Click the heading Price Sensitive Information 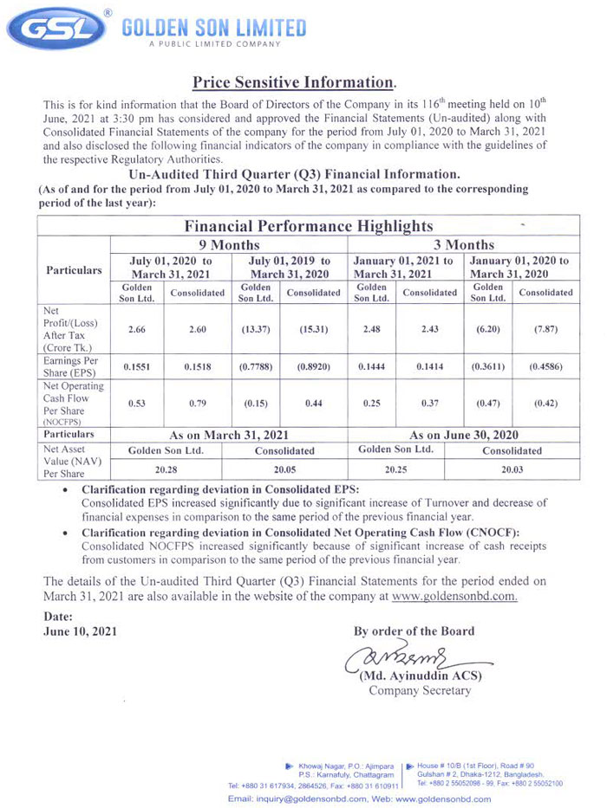click(294, 83)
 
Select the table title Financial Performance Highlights click(308, 226)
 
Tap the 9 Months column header click(229, 244)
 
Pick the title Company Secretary click(420, 690)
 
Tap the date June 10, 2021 click(79, 630)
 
